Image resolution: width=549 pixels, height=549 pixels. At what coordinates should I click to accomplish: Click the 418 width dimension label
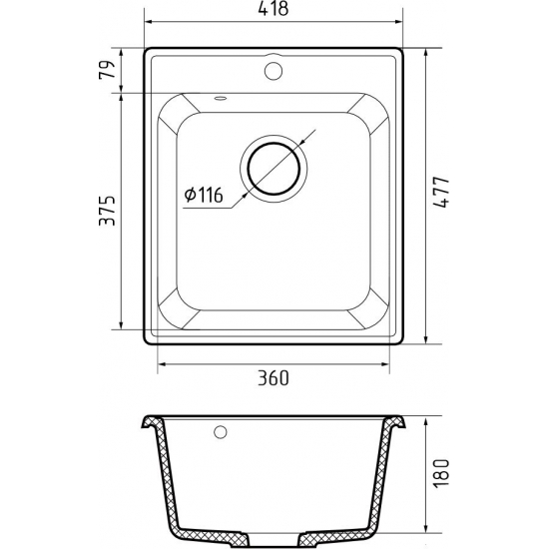274,8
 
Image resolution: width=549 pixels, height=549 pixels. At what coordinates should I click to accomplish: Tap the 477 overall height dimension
441,193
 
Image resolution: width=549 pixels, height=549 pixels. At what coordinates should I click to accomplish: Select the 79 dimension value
107,69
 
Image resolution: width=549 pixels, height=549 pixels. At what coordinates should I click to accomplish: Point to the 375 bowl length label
107,210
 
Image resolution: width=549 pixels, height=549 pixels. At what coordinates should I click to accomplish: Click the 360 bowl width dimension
274,377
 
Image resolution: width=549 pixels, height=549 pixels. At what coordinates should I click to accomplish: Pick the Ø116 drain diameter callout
204,195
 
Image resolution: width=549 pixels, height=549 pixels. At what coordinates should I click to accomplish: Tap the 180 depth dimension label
441,474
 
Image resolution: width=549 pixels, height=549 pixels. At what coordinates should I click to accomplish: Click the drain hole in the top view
274,169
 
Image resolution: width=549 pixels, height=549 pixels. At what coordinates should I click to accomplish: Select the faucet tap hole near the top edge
274,71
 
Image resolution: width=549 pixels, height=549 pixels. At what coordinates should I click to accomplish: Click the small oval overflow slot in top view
221,98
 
